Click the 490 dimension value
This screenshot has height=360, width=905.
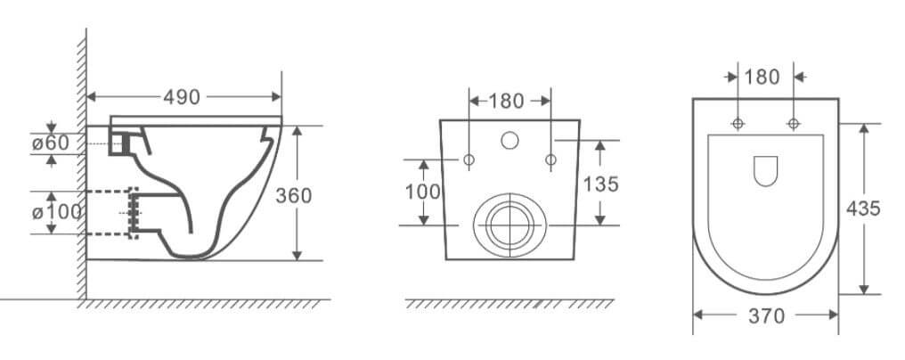(x=181, y=97)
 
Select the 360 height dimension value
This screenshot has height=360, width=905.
(x=293, y=196)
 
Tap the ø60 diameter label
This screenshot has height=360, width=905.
(x=50, y=143)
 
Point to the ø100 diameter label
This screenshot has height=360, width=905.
(x=57, y=212)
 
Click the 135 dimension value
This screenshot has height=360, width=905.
(x=600, y=184)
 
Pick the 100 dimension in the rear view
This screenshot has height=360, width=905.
(x=422, y=192)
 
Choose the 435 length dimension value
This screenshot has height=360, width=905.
(x=863, y=208)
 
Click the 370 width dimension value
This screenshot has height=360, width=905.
(x=766, y=316)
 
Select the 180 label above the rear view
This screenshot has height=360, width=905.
(x=506, y=101)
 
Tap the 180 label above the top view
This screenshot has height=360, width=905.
(x=762, y=77)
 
